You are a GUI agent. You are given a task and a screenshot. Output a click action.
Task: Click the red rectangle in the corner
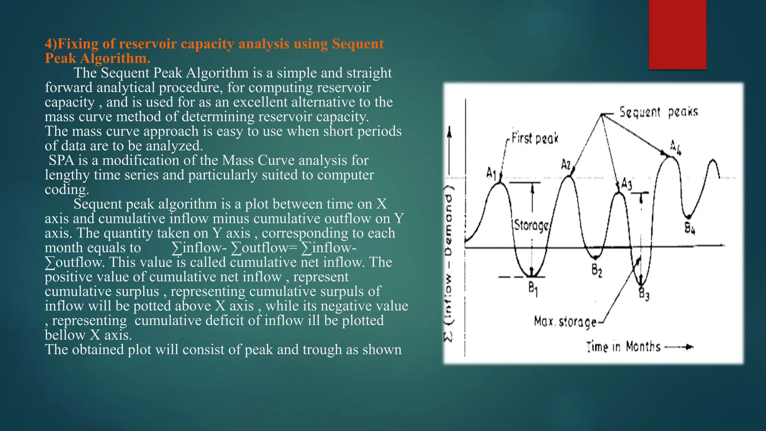677,34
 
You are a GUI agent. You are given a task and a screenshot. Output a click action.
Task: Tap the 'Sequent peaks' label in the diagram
658,112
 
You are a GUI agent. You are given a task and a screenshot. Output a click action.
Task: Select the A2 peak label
566,165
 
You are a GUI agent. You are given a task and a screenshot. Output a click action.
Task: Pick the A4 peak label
675,147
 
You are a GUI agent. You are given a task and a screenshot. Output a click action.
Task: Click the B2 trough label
597,270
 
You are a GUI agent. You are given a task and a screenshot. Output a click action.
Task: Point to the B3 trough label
644,294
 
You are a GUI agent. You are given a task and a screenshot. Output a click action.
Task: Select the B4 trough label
690,228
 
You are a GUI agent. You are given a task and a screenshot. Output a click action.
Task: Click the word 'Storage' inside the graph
531,226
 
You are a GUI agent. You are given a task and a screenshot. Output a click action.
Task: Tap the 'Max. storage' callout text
565,322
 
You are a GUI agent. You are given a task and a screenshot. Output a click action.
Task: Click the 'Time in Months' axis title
623,347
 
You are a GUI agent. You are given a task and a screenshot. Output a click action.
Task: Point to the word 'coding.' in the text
67,190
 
